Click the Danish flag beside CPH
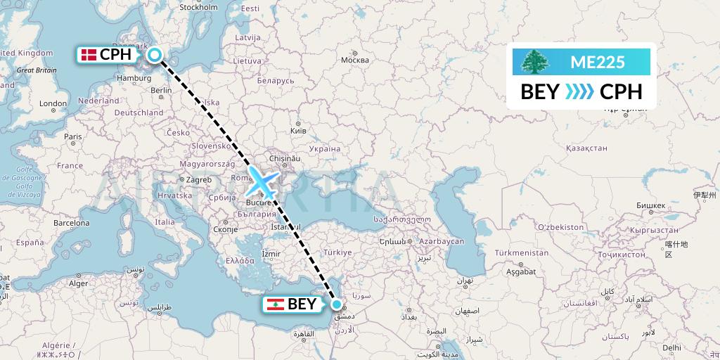[x=89, y=55]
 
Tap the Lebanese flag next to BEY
[x=275, y=304]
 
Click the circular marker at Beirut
[x=337, y=304]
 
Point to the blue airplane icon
[x=261, y=181]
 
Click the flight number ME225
[x=597, y=62]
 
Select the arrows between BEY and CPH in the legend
[x=580, y=92]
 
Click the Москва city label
[x=354, y=60]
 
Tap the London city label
[x=53, y=103]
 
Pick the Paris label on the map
[x=72, y=136]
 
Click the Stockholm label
[x=199, y=8]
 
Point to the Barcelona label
[x=71, y=223]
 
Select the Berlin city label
[x=161, y=90]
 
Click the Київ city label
[x=298, y=131]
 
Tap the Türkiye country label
[x=337, y=252]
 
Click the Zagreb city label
[x=198, y=179]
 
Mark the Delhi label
[x=671, y=347]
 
